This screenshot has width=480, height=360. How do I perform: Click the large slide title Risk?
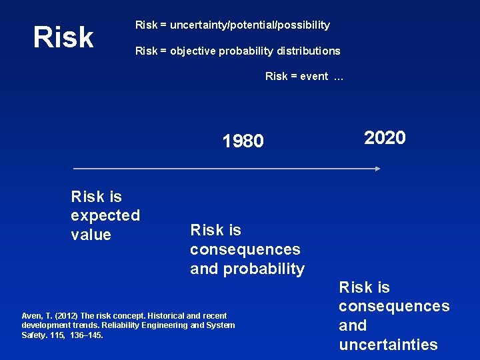click(x=64, y=38)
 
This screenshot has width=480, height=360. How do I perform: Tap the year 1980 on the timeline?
click(x=243, y=141)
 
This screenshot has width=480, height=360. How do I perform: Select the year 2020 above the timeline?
click(x=385, y=138)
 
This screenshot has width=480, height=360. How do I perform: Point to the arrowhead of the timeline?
click(x=377, y=169)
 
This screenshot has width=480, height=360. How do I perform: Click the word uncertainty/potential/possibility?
click(x=250, y=25)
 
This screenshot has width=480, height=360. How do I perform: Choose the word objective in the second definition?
click(x=192, y=51)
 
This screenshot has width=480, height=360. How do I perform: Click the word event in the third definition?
click(x=314, y=76)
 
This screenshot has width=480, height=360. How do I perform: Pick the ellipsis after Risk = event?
click(x=338, y=77)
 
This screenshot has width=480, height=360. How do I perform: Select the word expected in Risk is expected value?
click(x=105, y=215)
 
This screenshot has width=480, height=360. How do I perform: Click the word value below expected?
click(x=91, y=235)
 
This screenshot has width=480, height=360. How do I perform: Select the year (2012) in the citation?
click(x=65, y=316)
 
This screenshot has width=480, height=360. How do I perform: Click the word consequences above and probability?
click(x=245, y=249)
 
